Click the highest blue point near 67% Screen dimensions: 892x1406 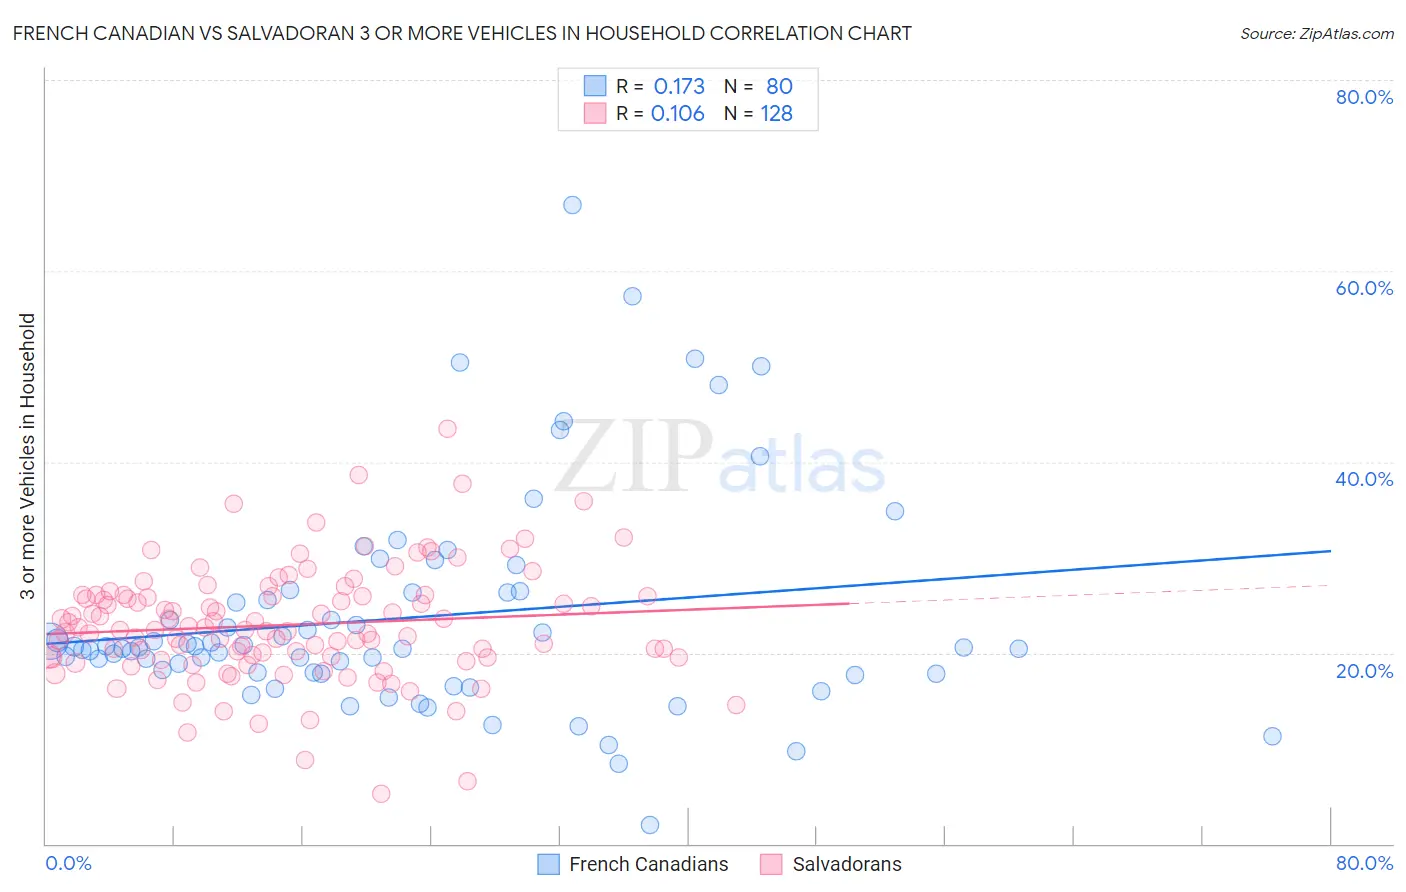coord(572,205)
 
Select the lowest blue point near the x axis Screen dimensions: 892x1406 coord(650,825)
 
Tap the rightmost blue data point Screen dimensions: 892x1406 coord(1272,736)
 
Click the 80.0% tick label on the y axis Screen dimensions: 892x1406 coord(1364,97)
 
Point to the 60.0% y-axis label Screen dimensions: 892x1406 coord(1364,288)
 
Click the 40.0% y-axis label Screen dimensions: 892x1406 coord(1364,479)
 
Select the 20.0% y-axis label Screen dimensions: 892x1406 coord(1364,670)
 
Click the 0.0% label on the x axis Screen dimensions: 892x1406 coord(68,863)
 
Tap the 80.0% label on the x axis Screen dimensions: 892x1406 coord(1364,863)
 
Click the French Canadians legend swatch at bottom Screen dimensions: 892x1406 coord(548,864)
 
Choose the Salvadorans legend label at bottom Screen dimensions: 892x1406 coord(847,864)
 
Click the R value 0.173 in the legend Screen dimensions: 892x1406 coord(679,87)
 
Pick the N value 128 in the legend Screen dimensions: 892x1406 coord(777,114)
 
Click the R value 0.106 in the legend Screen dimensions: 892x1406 coord(678,114)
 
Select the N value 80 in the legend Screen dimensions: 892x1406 coord(779,87)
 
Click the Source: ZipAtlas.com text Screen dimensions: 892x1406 coord(1316,34)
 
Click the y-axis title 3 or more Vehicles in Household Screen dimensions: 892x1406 coord(28,456)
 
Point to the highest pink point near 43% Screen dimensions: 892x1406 coord(447,429)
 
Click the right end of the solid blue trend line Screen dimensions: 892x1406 coord(1330,551)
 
